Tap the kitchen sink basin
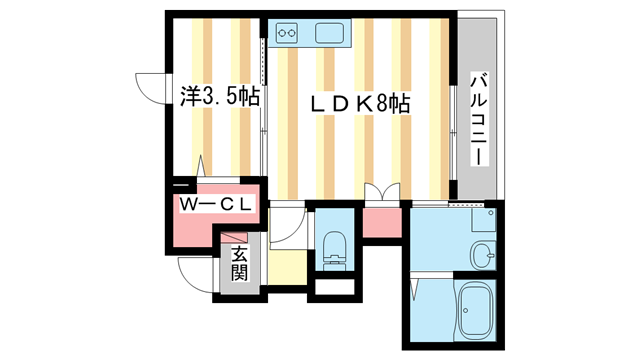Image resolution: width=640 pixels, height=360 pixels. point(331,33)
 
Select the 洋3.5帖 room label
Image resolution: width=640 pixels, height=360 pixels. point(220,97)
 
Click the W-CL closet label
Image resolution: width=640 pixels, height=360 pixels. point(218,205)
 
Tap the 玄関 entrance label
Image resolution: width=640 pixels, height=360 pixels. point(240,265)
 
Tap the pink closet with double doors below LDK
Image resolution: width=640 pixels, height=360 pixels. point(381,222)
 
